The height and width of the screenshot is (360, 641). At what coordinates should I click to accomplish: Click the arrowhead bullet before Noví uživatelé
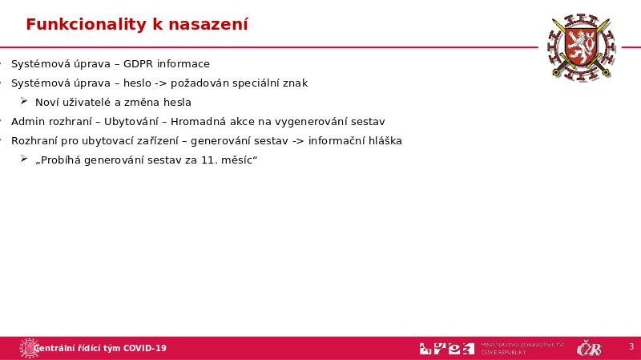tap(24, 102)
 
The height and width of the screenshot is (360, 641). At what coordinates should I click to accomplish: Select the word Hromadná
tap(203, 122)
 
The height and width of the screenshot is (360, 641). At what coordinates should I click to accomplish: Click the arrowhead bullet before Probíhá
tap(24, 160)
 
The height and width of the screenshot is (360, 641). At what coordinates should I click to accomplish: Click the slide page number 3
tap(631, 347)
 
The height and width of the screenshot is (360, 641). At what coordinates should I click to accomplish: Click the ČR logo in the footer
tap(590, 348)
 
